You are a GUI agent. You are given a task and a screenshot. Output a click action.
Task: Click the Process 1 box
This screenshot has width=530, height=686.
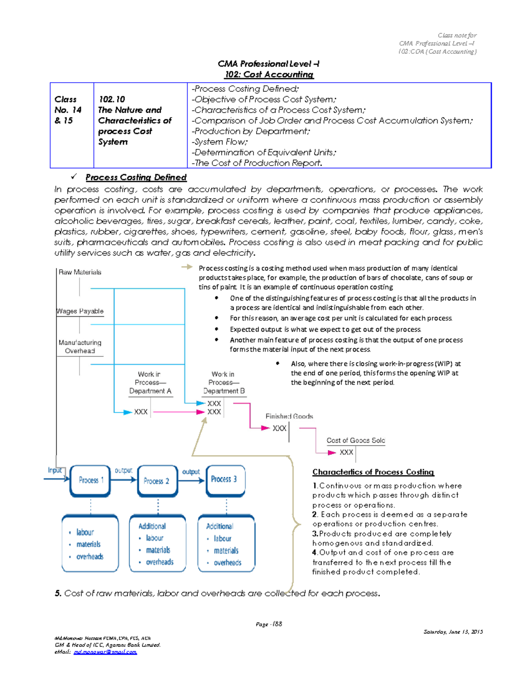(x=90, y=481)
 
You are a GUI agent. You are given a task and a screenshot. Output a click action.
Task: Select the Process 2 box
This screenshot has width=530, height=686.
(x=157, y=481)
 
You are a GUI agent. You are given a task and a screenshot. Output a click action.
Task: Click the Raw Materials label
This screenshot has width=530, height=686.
(x=80, y=273)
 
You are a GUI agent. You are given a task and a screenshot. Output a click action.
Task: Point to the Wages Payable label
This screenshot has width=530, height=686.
(x=80, y=311)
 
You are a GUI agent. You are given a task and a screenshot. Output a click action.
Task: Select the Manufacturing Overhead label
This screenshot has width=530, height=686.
(x=80, y=347)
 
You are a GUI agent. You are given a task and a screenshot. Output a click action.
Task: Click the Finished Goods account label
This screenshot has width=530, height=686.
(x=289, y=417)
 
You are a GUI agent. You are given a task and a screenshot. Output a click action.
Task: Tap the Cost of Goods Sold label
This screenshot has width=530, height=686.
(x=356, y=440)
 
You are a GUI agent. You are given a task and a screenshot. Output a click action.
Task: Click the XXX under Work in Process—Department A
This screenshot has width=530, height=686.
(x=141, y=412)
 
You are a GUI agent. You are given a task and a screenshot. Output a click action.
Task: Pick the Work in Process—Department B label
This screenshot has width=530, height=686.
(x=223, y=383)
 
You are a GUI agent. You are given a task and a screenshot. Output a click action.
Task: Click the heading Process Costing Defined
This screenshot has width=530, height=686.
(x=136, y=178)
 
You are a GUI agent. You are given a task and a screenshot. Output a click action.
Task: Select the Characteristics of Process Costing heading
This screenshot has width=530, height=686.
(x=373, y=472)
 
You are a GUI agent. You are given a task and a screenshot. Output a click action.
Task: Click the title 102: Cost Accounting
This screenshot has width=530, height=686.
(x=269, y=75)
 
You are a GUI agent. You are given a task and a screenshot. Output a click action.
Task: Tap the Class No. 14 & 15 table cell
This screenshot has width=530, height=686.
(x=68, y=110)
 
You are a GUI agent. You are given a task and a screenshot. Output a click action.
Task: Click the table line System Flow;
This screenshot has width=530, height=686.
(x=220, y=142)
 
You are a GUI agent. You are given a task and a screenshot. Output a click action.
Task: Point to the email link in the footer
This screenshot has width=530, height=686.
(x=105, y=652)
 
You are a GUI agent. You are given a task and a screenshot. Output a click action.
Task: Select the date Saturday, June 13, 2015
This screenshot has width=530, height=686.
(x=453, y=632)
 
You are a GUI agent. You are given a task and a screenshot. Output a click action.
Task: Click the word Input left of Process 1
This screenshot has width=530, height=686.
(x=54, y=470)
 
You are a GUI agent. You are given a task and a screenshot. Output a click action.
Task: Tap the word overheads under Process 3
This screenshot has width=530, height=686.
(x=227, y=563)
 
